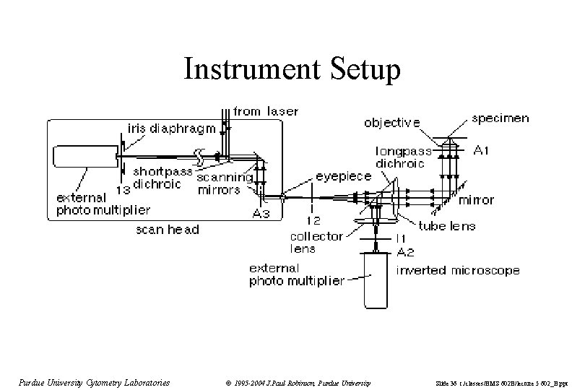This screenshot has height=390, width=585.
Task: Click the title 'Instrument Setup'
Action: [292, 70]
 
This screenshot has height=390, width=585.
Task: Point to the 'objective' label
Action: [391, 123]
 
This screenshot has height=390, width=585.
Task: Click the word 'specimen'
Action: [500, 118]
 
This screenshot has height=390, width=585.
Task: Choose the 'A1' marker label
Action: [481, 150]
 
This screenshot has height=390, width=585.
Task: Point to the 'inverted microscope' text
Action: [458, 271]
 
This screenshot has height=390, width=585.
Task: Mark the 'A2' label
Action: [407, 251]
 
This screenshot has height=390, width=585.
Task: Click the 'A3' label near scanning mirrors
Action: [261, 214]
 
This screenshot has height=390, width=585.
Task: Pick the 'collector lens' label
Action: [312, 241]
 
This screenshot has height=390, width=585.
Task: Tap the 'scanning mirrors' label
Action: [224, 183]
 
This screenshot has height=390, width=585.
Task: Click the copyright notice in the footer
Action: [297, 382]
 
